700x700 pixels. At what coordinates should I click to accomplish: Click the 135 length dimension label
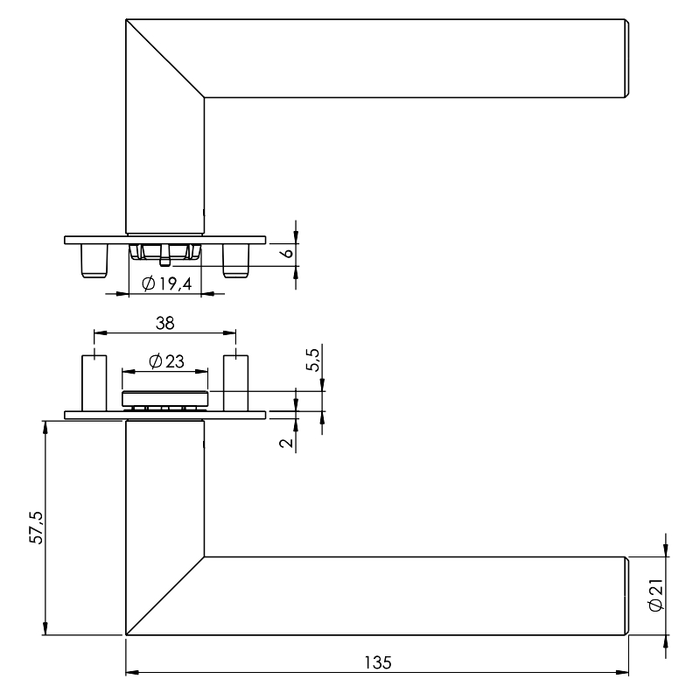[378, 662]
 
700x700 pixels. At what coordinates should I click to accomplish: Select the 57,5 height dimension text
[36, 528]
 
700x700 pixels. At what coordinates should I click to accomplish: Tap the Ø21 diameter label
[655, 596]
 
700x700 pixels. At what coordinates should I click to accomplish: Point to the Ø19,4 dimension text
[166, 283]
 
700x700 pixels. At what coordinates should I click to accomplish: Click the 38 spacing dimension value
[164, 323]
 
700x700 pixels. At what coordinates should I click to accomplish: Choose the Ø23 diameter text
[166, 361]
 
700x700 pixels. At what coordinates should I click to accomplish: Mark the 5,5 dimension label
[313, 360]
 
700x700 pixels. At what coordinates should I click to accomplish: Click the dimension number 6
[287, 253]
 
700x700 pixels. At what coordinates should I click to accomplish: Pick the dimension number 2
[287, 443]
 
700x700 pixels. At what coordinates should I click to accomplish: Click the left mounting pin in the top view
[94, 261]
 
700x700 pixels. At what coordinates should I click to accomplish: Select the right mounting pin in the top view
[236, 261]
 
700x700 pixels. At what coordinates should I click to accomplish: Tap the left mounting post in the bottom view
[94, 383]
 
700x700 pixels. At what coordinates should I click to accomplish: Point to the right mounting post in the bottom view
[235, 383]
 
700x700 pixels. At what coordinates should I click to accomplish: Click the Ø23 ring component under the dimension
[165, 399]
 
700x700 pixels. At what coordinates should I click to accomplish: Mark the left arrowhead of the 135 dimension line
[132, 672]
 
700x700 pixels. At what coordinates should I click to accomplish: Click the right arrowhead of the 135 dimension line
[622, 672]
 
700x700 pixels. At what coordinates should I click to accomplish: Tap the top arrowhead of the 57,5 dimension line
[45, 427]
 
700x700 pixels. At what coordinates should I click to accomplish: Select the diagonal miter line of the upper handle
[165, 59]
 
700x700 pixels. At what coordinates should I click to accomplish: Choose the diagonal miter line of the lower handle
[165, 596]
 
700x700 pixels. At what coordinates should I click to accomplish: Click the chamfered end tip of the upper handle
[626, 59]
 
